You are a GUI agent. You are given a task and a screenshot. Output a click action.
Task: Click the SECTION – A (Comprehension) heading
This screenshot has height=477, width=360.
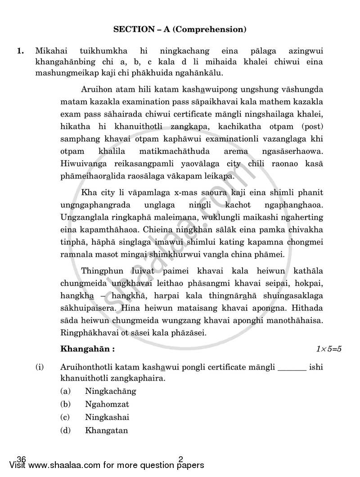[180, 30]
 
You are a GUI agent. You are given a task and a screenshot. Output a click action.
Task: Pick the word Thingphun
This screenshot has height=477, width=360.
[102, 271]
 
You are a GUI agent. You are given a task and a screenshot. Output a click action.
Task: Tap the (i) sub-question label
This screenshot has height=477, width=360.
[40, 367]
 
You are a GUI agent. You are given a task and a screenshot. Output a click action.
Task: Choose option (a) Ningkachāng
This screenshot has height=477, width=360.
[110, 391]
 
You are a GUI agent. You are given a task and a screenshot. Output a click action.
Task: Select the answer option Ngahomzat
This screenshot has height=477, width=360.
[107, 404]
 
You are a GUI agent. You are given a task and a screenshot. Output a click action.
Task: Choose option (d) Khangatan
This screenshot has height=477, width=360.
[106, 430]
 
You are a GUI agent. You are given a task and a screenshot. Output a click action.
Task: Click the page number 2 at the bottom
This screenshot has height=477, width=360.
[181, 459]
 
